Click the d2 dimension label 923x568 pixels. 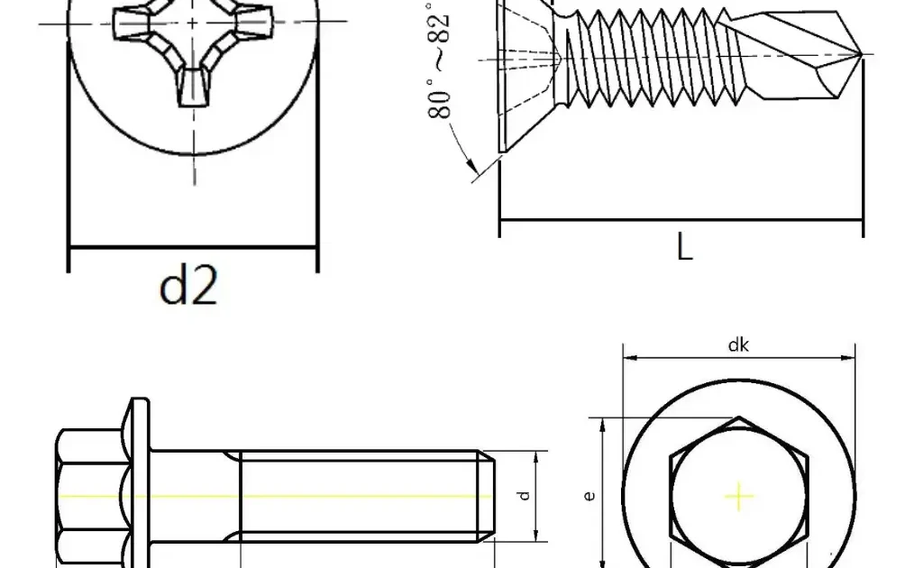point(188,284)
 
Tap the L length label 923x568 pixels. point(685,247)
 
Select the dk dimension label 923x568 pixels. point(738,345)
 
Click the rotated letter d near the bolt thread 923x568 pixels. point(524,496)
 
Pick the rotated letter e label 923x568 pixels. point(589,496)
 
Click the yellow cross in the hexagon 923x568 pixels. point(739,497)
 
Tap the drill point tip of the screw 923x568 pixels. point(863,55)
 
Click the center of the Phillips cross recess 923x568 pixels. point(193,23)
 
